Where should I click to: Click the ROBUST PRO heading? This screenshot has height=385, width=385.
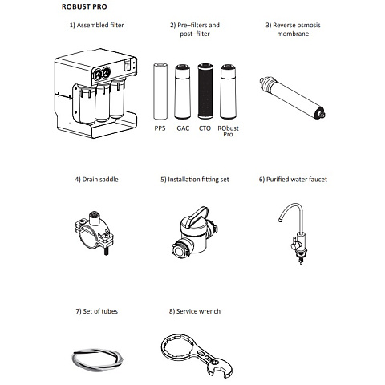[x=84, y=6]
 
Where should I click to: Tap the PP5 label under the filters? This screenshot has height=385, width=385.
[x=160, y=128]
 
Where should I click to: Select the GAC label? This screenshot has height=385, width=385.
[x=183, y=128]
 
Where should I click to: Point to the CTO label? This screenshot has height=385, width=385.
[x=205, y=128]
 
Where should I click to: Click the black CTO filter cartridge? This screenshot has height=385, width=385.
[x=205, y=91]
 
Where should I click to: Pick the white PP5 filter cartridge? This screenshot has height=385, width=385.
[x=160, y=91]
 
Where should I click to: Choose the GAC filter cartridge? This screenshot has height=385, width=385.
[x=183, y=91]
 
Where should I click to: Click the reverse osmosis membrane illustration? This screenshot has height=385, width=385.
[x=292, y=98]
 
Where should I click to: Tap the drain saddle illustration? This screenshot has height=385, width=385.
[x=95, y=232]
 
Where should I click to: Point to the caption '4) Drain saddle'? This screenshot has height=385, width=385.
[x=96, y=180]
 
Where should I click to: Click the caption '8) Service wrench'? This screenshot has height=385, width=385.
[x=195, y=311]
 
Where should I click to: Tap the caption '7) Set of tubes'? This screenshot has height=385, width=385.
[x=97, y=311]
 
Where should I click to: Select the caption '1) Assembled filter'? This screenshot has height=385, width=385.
[x=97, y=25]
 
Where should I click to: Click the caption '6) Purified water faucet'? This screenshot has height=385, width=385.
[x=293, y=180]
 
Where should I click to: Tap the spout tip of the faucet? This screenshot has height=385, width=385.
[x=280, y=220]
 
